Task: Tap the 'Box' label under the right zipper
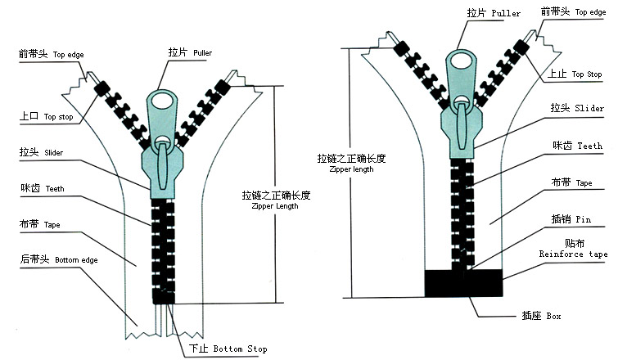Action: coord(531,315)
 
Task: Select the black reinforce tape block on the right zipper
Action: coord(463,282)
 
